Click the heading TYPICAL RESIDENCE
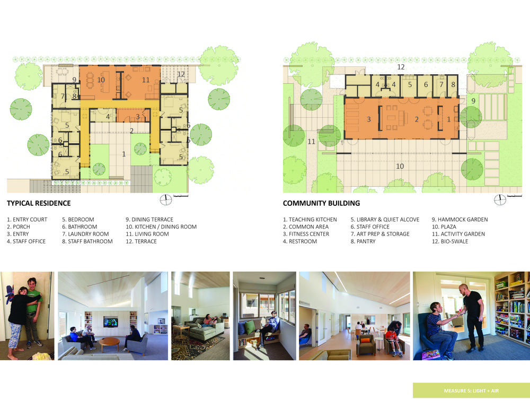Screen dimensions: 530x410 [x=39, y=203]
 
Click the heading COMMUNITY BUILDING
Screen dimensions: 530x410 [x=322, y=203]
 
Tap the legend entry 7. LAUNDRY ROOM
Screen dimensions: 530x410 [x=85, y=234]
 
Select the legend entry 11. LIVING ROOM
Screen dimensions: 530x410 [x=147, y=234]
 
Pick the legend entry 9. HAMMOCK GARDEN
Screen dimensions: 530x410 [x=460, y=220]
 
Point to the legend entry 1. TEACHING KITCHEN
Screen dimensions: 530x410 [x=310, y=220]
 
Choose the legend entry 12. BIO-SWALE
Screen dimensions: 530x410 [x=450, y=241]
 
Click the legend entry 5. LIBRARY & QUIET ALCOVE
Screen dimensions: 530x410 [x=385, y=220]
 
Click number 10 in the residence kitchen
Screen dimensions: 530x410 [x=101, y=80]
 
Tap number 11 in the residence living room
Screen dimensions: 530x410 [x=146, y=80]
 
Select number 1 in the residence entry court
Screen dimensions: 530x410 [x=123, y=154]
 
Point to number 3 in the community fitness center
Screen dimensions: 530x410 [x=369, y=119]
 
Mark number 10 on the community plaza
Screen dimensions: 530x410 [x=400, y=167]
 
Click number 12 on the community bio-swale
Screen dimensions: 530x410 [x=401, y=67]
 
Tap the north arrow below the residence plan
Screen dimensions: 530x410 [x=165, y=200]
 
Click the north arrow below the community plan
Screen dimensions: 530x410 [x=500, y=200]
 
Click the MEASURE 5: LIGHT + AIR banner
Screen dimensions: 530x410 [x=471, y=391]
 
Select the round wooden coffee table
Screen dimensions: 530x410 [x=109, y=342]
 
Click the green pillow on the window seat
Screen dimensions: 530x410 [x=250, y=328]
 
